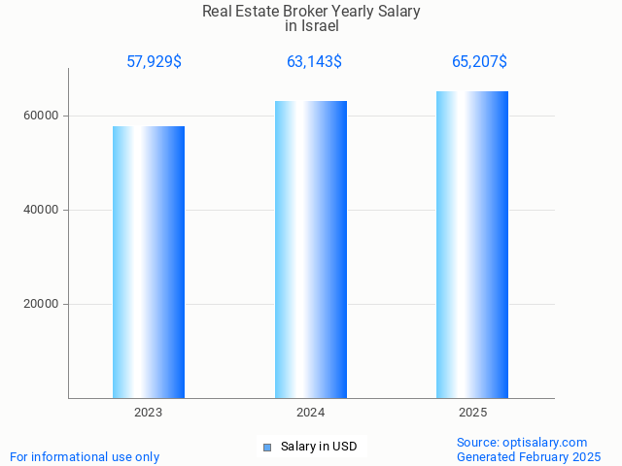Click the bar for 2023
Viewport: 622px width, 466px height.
click(x=149, y=262)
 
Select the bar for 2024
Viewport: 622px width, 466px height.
click(x=311, y=250)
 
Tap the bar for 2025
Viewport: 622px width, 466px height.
click(x=472, y=245)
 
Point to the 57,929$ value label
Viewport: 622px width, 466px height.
click(x=154, y=61)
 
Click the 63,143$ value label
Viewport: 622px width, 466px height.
click(x=314, y=61)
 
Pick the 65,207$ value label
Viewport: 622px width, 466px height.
click(x=479, y=61)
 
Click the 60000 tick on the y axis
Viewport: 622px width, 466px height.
click(x=42, y=116)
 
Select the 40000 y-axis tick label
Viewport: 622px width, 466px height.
click(x=42, y=210)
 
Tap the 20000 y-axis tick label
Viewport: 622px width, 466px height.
click(x=42, y=304)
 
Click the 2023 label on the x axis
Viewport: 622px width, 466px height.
click(x=149, y=413)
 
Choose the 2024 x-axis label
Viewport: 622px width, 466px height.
click(x=311, y=413)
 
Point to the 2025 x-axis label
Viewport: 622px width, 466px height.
click(x=472, y=413)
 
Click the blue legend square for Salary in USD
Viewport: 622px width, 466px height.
click(x=267, y=447)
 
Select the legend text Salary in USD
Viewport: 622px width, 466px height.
click(x=319, y=447)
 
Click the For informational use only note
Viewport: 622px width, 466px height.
click(x=85, y=456)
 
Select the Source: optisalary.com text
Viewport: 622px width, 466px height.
click(x=522, y=442)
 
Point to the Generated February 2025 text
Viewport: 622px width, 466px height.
click(x=529, y=456)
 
